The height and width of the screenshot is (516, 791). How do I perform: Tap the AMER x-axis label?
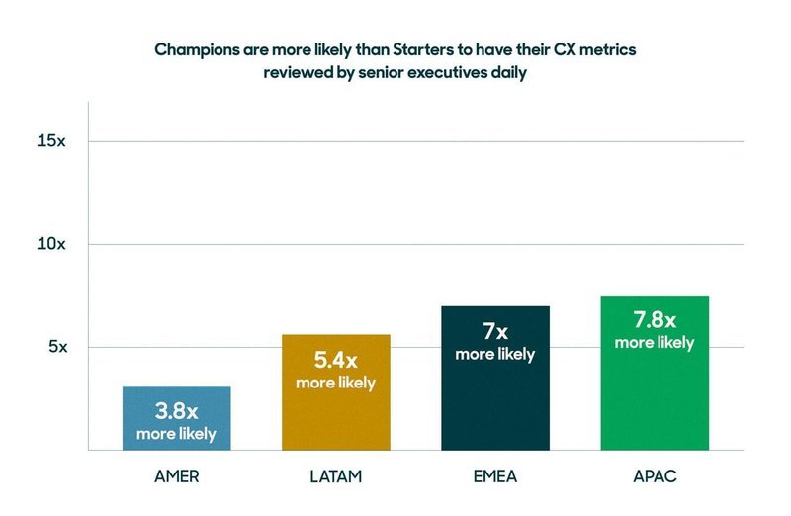coord(177,477)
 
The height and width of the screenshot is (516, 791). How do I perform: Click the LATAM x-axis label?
coord(335,477)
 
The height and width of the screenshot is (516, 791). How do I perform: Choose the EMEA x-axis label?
coord(494,477)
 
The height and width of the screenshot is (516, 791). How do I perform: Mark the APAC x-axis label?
coord(654,477)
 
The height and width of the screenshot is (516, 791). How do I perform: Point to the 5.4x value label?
coord(335,361)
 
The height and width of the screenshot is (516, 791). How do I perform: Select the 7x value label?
coord(494,332)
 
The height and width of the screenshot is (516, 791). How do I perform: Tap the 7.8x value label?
coord(654,320)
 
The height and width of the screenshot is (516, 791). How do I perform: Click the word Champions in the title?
coord(197,50)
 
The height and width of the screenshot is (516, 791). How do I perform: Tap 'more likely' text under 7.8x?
coord(654,343)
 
